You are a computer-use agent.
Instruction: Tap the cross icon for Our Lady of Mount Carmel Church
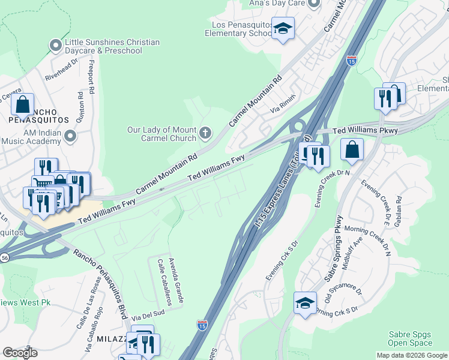(x=205, y=132)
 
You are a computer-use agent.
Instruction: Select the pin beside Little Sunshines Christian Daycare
(x=56, y=46)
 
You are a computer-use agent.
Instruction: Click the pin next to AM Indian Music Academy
(x=71, y=136)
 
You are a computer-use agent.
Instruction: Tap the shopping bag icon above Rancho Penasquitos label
(x=22, y=104)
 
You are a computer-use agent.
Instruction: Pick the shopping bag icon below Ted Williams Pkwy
(x=352, y=149)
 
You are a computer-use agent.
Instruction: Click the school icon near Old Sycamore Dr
(x=305, y=303)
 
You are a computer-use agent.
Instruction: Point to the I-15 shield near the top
(x=352, y=61)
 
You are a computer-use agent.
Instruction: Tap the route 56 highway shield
(x=5, y=257)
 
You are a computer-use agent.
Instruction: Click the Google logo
(x=20, y=353)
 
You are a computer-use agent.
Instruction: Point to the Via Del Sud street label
(x=148, y=314)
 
